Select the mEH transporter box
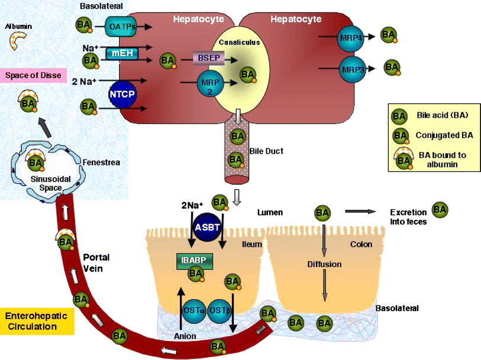(122, 54)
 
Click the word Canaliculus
(235, 43)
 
